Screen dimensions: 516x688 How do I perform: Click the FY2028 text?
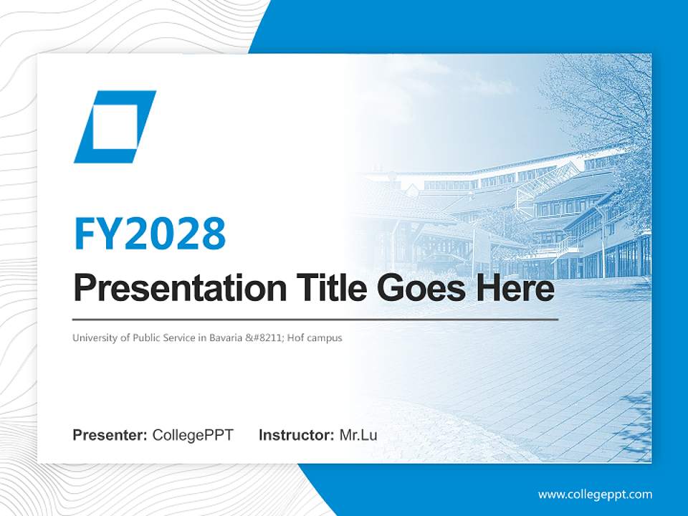tap(150, 234)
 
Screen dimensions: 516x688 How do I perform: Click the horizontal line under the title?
tap(315, 319)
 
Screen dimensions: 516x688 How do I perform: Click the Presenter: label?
tap(110, 435)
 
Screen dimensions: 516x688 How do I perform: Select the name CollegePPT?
tap(193, 435)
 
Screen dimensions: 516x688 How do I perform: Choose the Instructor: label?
tap(296, 435)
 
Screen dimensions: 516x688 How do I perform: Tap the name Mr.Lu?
tap(358, 435)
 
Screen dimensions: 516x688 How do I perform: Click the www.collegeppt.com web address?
tap(595, 494)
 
